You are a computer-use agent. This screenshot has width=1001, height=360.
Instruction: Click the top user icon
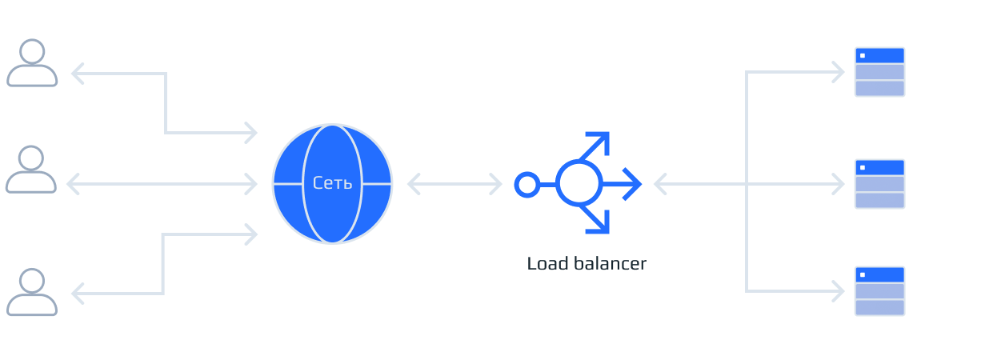[x=32, y=64]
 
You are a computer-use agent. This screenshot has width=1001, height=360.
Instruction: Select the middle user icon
[x=31, y=170]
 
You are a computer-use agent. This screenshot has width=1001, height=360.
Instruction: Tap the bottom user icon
[x=32, y=293]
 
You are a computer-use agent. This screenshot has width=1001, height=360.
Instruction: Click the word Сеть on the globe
[x=332, y=183]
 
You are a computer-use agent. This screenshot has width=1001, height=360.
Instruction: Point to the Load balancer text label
[x=586, y=263]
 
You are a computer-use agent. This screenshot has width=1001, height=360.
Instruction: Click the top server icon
[x=879, y=72]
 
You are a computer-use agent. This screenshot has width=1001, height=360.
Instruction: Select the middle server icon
[x=879, y=184]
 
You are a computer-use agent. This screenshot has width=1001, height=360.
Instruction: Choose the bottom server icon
[x=879, y=291]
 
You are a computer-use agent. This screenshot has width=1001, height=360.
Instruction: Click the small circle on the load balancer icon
[x=527, y=185]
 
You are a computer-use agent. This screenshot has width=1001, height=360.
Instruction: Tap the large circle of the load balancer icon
[x=579, y=184]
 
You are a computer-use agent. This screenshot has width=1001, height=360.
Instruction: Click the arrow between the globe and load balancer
[x=454, y=184]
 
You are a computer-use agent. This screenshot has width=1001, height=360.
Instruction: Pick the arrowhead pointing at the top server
[x=838, y=73]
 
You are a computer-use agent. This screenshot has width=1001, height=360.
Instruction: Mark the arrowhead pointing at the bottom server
[x=838, y=291]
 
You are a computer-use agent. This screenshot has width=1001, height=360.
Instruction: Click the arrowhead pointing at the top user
[x=78, y=74]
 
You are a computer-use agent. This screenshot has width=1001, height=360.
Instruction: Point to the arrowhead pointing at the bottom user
[x=78, y=294]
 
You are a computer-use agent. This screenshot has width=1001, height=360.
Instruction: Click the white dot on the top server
[x=863, y=56]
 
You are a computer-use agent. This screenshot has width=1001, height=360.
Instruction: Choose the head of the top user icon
[x=32, y=52]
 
